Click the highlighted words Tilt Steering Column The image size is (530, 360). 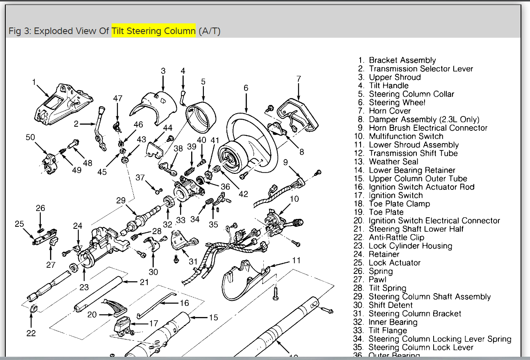pyautogui.click(x=153, y=32)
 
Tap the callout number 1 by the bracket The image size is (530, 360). pyautogui.click(x=34, y=82)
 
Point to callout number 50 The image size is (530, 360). pyautogui.click(x=30, y=137)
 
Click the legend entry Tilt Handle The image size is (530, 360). pyautogui.click(x=388, y=86)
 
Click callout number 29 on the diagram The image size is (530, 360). pyautogui.click(x=121, y=201)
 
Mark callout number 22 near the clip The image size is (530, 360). pyautogui.click(x=31, y=333)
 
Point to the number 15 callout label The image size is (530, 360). pyautogui.click(x=213, y=317)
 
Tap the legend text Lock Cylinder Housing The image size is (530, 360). pyautogui.click(x=410, y=246)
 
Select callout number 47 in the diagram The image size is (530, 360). pyautogui.click(x=118, y=98)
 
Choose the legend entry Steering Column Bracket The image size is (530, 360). pyautogui.click(x=415, y=314)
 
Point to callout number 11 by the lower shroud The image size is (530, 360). pyautogui.click(x=296, y=260)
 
